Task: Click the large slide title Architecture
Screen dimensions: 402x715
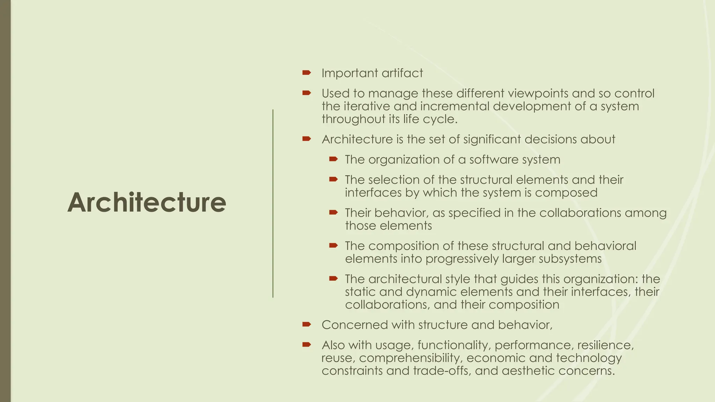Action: point(147,202)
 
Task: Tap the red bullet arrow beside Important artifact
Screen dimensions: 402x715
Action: point(307,73)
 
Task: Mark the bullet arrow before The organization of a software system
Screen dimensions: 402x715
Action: point(333,159)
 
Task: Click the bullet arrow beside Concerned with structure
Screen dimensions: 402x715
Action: point(307,325)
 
